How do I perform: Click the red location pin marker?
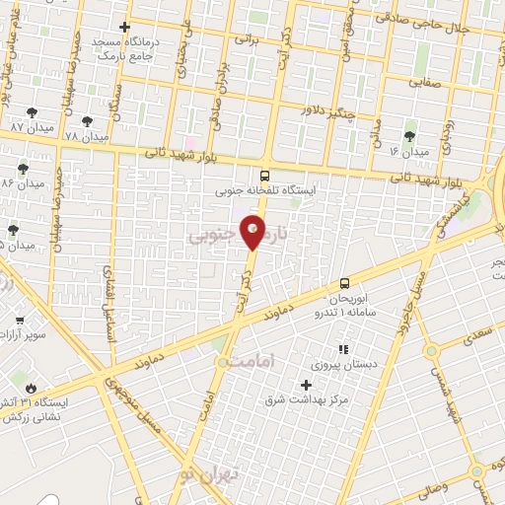point(253,233)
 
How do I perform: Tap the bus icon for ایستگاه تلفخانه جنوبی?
point(263,177)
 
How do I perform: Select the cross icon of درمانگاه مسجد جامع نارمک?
point(123,28)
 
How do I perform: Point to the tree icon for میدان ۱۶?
point(409,137)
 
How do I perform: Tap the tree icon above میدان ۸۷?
point(32,114)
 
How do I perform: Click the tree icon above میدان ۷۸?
point(87,121)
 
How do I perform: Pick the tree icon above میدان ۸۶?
point(23,170)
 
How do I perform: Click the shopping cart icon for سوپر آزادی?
point(19,321)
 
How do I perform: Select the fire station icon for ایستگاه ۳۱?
point(33,388)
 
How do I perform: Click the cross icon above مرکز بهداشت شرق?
point(307,384)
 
